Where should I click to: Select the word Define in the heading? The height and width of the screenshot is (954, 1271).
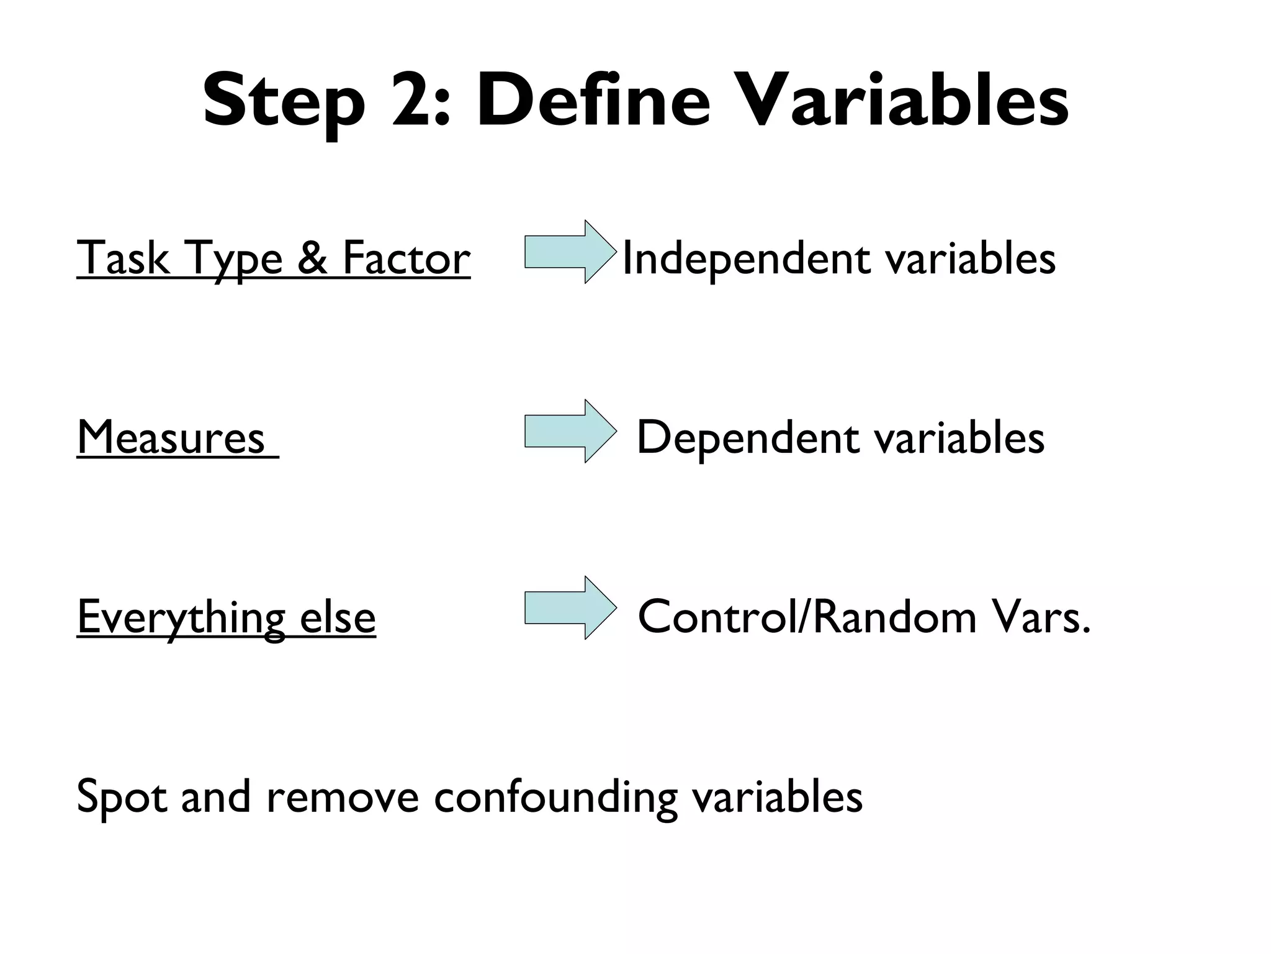(593, 99)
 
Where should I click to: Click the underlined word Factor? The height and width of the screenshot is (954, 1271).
(406, 258)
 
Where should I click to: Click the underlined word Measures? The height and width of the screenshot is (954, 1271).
(171, 438)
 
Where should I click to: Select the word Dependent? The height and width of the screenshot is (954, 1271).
(748, 438)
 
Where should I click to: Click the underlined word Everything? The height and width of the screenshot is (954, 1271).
(181, 617)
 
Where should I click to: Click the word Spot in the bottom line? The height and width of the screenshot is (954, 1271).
(122, 797)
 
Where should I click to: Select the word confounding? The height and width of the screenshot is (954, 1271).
(555, 797)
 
